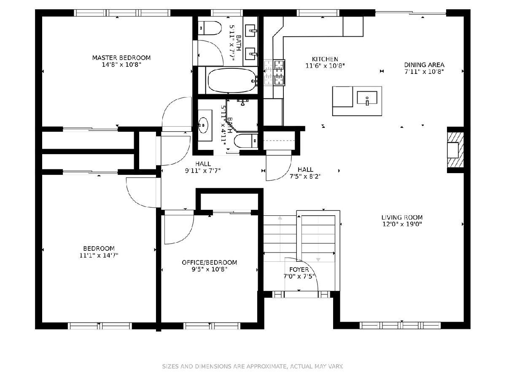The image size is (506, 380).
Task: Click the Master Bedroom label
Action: coord(121,57)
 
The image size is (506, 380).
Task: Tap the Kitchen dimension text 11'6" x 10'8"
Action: coord(325,66)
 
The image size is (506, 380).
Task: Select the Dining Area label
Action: coord(424,65)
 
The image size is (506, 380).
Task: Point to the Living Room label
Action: coord(402,217)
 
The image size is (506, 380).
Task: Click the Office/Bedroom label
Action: coord(209,262)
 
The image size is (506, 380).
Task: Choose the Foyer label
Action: coord(299,269)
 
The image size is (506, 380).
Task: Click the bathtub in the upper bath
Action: coord(232,81)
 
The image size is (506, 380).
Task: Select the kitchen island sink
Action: coord(367,98)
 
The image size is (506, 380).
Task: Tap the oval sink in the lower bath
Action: coord(203,125)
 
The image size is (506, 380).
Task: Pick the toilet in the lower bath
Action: coord(246,141)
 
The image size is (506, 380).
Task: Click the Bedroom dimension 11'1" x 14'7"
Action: coord(99,255)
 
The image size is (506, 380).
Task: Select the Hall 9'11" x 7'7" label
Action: coord(203,167)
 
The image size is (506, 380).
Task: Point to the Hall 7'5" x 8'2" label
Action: coord(305,173)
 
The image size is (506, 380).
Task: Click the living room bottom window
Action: coord(400,326)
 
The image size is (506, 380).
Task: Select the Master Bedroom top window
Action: coord(122,13)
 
